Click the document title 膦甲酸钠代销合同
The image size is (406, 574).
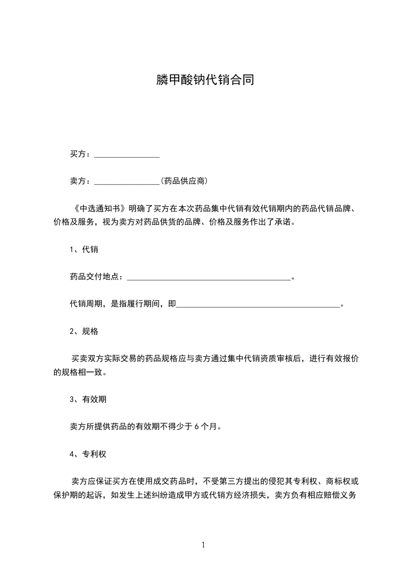tap(205, 80)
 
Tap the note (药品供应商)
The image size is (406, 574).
tap(184, 181)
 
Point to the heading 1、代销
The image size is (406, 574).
tap(84, 250)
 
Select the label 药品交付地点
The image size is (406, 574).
tap(93, 277)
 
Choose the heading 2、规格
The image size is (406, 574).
tap(84, 332)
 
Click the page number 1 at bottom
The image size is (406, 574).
tap(203, 545)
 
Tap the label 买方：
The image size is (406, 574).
tap(81, 154)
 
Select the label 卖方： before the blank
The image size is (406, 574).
tap(81, 181)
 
